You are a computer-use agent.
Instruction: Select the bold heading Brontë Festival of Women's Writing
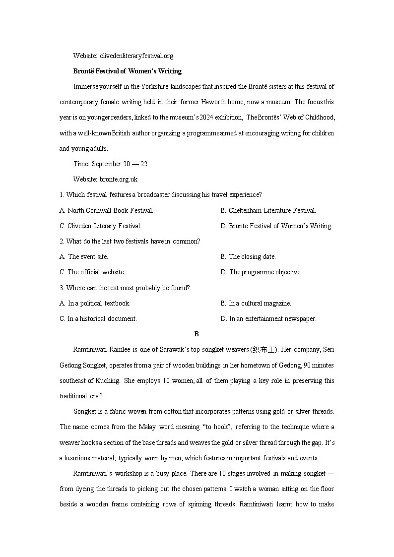[127, 71]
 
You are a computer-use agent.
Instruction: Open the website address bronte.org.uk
[119, 179]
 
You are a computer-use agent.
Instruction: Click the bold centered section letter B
[197, 334]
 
